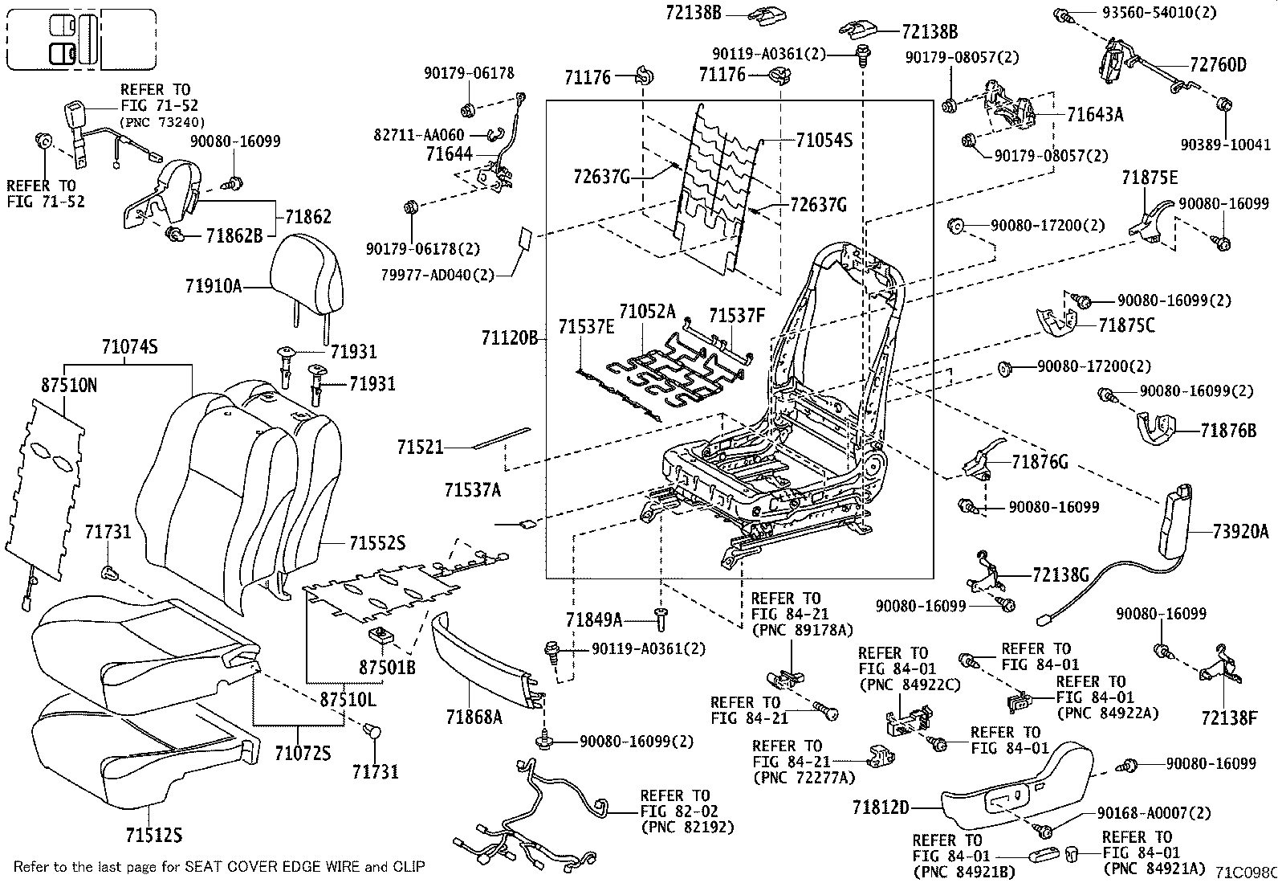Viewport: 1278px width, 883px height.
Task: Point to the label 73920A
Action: [x=1240, y=532]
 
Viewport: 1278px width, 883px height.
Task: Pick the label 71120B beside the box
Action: [x=509, y=338]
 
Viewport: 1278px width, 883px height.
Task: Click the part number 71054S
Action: [x=824, y=141]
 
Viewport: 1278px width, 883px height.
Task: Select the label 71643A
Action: [x=1095, y=115]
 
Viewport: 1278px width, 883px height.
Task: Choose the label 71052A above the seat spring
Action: [x=646, y=312]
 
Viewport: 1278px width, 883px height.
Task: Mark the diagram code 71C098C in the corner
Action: [x=1245, y=872]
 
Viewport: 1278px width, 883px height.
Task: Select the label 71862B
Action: [x=234, y=235]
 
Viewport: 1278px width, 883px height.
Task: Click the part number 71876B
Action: [x=1228, y=431]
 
